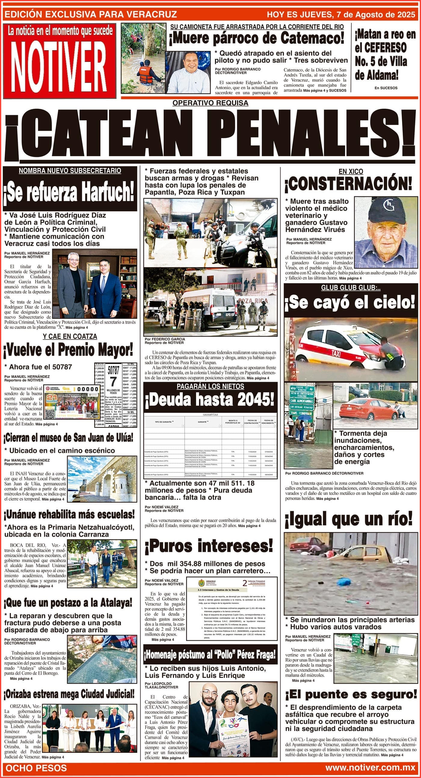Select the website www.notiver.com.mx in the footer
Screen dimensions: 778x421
370,768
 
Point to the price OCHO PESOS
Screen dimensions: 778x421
36,768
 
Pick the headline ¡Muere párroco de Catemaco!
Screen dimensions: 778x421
257,38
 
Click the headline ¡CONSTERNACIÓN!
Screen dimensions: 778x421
348,184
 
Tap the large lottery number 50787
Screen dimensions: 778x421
113,370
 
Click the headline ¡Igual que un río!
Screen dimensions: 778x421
348,519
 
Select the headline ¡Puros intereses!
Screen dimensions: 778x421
208,546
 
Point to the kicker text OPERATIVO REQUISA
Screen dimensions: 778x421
210,103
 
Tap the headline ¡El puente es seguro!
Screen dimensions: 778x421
351,695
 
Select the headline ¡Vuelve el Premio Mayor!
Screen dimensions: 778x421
68,351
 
